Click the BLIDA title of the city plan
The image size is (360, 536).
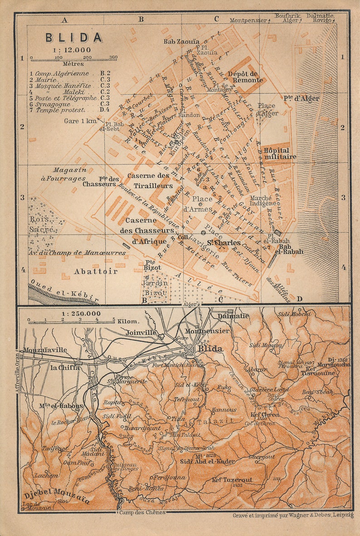(74, 38)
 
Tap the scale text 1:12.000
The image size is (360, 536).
(72, 50)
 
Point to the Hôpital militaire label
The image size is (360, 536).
(280, 153)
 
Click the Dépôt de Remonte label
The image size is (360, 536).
(243, 77)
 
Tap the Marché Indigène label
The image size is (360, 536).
(261, 201)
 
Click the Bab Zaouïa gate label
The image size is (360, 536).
(181, 42)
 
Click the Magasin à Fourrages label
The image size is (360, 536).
(69, 174)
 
